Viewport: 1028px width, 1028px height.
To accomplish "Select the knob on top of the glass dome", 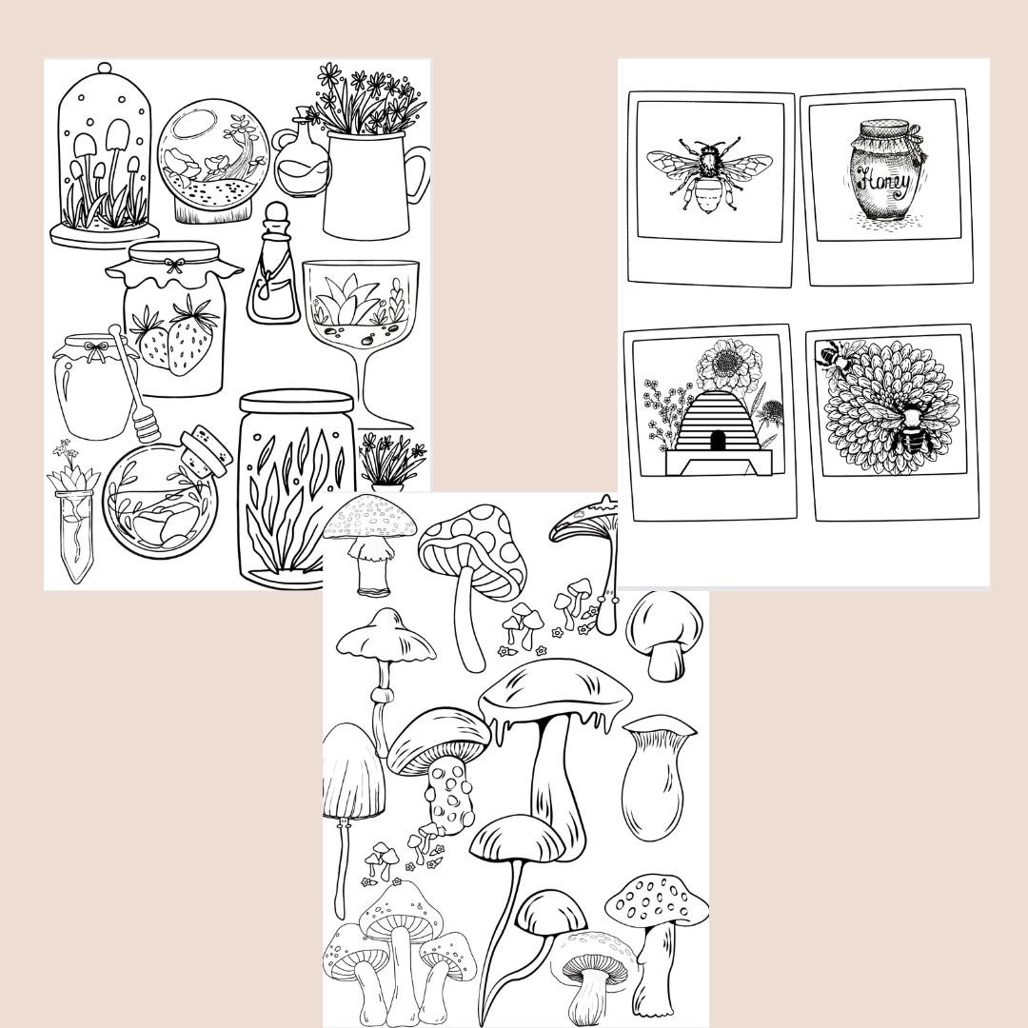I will pyautogui.click(x=104, y=69).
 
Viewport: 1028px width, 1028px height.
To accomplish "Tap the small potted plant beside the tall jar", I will pyautogui.click(x=390, y=463).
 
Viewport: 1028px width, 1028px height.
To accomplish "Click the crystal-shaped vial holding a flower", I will pyautogui.click(x=74, y=528).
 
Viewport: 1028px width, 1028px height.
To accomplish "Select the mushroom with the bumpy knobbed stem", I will pyautogui.click(x=441, y=761).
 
